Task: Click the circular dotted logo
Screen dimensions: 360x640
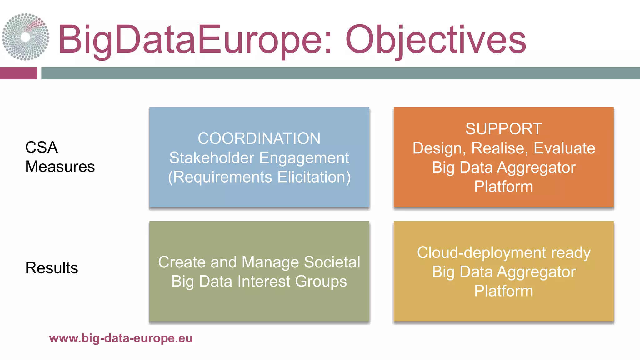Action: click(x=26, y=37)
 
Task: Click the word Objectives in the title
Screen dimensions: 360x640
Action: click(x=436, y=40)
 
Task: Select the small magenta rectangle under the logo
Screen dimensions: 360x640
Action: click(x=18, y=73)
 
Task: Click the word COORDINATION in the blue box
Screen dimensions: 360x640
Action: click(x=259, y=138)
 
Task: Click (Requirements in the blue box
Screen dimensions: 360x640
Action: click(x=220, y=177)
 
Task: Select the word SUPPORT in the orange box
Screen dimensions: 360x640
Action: click(x=503, y=129)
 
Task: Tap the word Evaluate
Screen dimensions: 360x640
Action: click(x=564, y=148)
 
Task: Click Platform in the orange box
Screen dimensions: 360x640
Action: click(x=503, y=187)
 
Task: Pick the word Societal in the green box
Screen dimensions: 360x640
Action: click(x=332, y=262)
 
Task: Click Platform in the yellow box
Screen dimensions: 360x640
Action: click(x=503, y=291)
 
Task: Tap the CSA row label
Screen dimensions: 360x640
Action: click(x=41, y=147)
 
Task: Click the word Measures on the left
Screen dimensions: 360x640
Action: click(x=60, y=167)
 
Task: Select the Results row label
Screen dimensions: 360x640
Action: click(x=52, y=268)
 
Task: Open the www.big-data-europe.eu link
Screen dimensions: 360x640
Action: click(x=121, y=338)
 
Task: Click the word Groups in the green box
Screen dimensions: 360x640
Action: click(x=321, y=281)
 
